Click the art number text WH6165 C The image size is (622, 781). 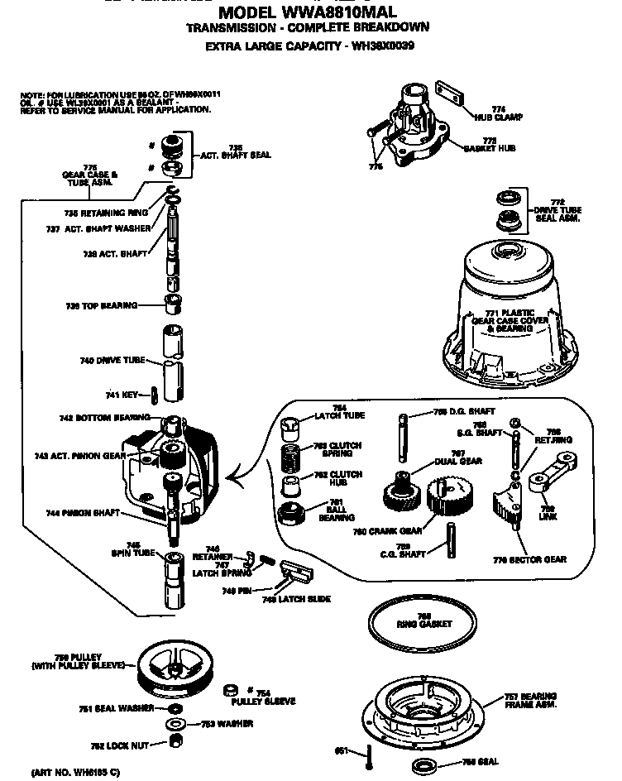pos(76,772)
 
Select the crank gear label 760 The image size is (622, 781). pos(404,530)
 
